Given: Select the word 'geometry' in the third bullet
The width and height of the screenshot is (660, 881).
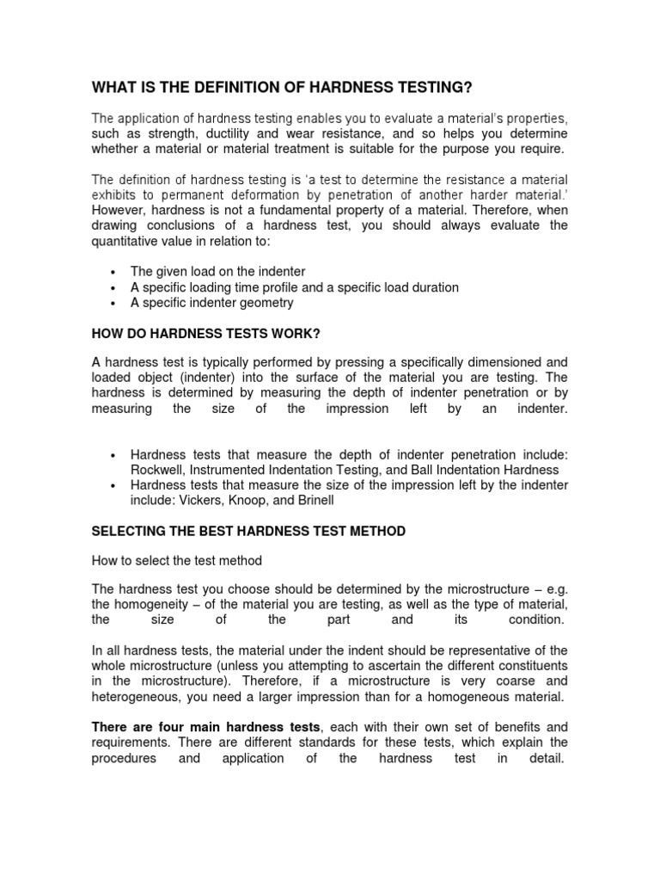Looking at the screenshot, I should (264, 303).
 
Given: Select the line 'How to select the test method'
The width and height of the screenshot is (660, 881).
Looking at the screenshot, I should (176, 560).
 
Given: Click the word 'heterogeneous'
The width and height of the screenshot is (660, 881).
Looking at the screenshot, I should (133, 696).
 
